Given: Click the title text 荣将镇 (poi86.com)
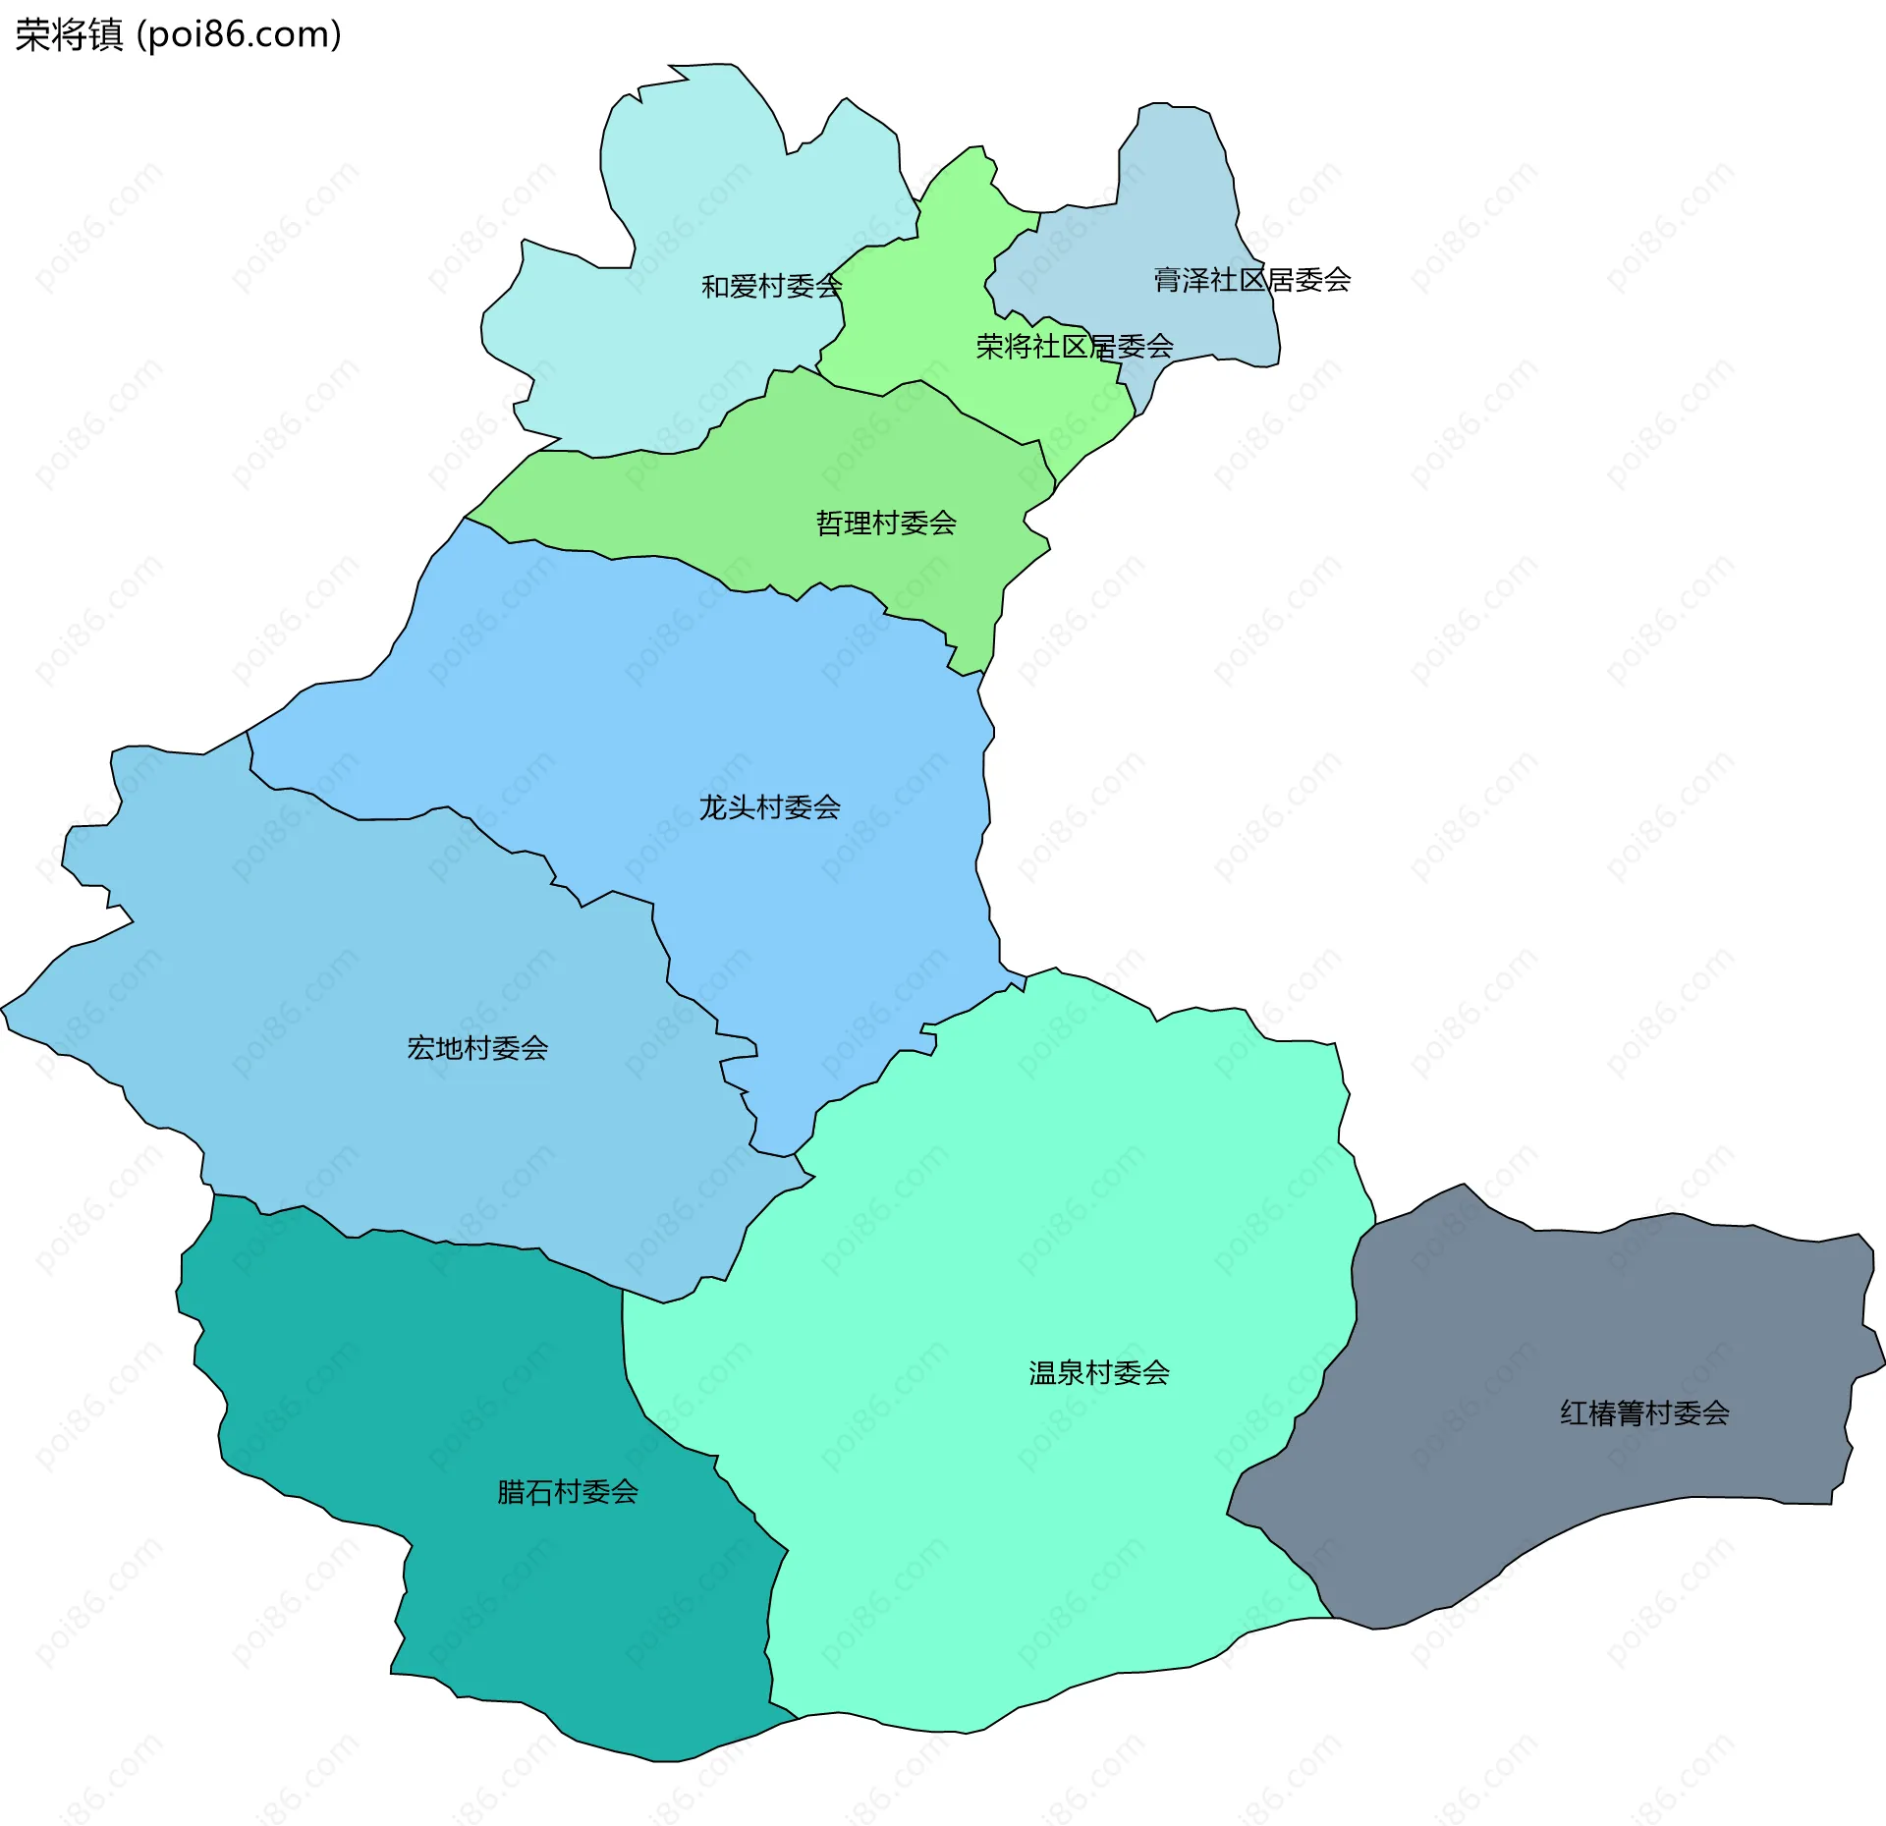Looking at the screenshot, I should pyautogui.click(x=178, y=35).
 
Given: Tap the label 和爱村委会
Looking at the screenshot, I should pyautogui.click(x=771, y=286).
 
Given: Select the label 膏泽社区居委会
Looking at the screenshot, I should pyautogui.click(x=1251, y=280).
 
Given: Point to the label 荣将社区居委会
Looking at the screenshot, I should pyautogui.click(x=1074, y=346).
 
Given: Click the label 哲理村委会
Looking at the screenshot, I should pyautogui.click(x=885, y=523).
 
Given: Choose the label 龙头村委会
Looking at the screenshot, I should pyautogui.click(x=769, y=807).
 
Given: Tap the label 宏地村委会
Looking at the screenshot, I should pyautogui.click(x=477, y=1048).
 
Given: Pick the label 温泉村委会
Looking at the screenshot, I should pyautogui.click(x=1098, y=1372).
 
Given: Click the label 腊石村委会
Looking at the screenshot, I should pyautogui.click(x=567, y=1492).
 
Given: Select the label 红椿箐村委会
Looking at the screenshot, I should pyautogui.click(x=1644, y=1412).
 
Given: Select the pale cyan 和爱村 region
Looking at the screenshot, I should pyautogui.click(x=688, y=177).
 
